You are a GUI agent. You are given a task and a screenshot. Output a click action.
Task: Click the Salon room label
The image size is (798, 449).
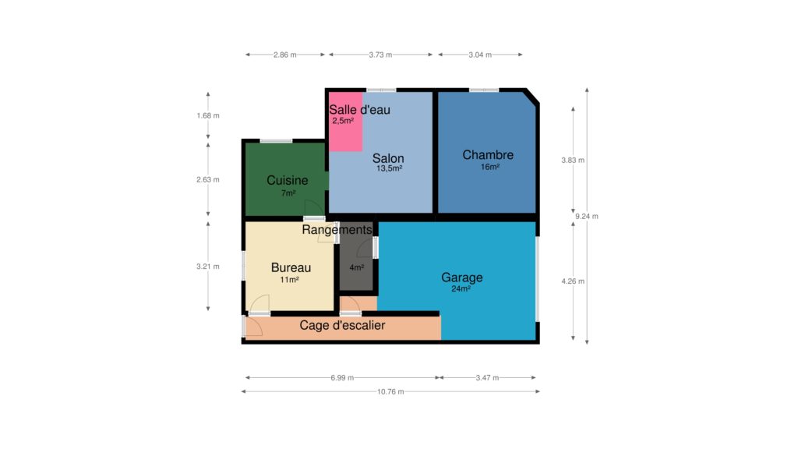(x=388, y=158)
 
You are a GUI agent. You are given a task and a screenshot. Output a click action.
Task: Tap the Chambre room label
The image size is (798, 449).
(x=488, y=155)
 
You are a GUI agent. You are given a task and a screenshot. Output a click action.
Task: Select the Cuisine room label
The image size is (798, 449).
(x=287, y=180)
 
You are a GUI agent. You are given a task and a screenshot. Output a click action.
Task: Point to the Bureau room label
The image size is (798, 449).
(x=291, y=268)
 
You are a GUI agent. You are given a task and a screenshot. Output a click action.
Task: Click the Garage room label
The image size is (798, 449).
(x=461, y=278)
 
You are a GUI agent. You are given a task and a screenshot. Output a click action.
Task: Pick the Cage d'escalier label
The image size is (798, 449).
(x=342, y=325)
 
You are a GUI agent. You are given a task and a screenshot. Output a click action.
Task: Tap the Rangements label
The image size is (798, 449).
(x=337, y=230)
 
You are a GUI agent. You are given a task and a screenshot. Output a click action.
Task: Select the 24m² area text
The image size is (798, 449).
(x=461, y=288)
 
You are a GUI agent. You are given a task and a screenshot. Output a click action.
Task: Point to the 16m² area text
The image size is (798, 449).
(x=489, y=167)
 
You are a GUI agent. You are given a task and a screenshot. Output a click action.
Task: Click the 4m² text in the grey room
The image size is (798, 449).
(x=356, y=267)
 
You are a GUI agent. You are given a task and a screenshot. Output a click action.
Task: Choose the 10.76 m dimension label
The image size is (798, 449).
(x=390, y=391)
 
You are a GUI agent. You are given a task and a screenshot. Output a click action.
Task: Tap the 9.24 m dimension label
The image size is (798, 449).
(x=586, y=217)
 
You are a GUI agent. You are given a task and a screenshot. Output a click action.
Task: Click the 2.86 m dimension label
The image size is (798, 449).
(x=284, y=55)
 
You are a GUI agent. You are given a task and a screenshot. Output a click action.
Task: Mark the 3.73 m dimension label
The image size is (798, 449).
(x=380, y=55)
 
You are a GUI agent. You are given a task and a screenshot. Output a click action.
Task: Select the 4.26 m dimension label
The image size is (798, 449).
(x=573, y=281)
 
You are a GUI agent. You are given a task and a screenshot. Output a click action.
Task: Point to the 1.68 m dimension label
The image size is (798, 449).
(x=207, y=115)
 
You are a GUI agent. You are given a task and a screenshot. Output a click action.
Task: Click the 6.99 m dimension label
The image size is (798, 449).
(x=342, y=378)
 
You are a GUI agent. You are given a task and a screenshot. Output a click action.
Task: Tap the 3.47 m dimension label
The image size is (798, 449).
(x=487, y=378)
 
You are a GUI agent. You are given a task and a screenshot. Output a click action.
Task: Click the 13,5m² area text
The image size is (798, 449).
(x=390, y=168)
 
